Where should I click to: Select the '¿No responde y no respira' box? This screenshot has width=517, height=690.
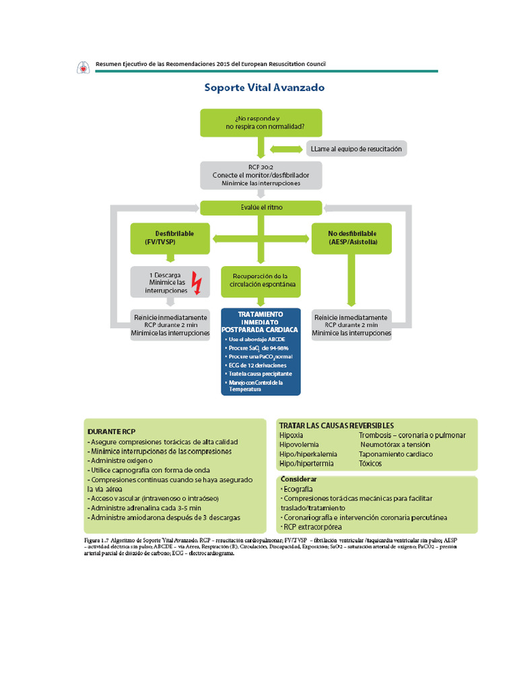coord(261,122)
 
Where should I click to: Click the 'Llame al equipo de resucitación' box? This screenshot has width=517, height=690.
coord(357,148)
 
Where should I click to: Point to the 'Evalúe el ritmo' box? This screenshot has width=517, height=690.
coord(261,208)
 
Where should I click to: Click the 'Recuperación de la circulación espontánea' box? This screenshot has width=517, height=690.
coord(261,280)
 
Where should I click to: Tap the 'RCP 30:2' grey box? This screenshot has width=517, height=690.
coord(261,174)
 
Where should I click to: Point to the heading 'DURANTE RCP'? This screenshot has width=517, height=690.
coord(112,430)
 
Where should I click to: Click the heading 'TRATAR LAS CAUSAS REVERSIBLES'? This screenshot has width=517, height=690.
coord(336,425)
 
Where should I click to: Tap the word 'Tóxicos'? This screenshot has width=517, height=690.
coord(371,464)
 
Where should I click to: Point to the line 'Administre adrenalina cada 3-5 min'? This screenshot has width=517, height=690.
coord(145,507)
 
